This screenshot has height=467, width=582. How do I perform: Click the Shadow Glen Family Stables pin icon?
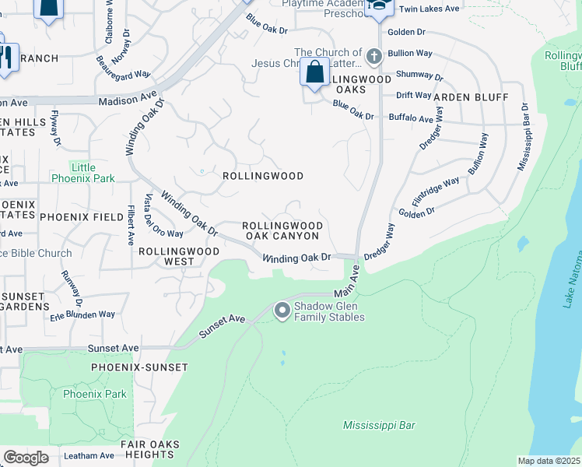click(282, 311)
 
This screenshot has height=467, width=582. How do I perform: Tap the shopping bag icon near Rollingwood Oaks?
click(314, 72)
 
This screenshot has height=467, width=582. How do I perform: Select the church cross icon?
click(374, 56)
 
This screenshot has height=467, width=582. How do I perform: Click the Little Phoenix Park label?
click(82, 173)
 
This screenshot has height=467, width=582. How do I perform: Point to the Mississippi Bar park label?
click(379, 426)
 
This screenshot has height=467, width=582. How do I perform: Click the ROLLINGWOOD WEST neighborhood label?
click(177, 257)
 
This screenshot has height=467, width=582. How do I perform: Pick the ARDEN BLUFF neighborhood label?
click(471, 97)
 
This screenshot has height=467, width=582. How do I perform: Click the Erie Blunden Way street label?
click(82, 314)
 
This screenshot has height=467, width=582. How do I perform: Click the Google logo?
click(26, 458)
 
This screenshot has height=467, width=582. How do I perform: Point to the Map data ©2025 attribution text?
click(549, 461)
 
